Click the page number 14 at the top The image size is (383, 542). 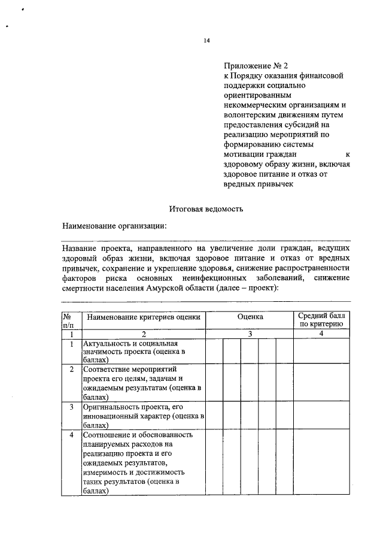pyautogui.click(x=206, y=41)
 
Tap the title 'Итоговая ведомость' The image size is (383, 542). pyautogui.click(x=206, y=208)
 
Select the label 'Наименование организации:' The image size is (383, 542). pyautogui.click(x=115, y=226)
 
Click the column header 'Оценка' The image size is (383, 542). pyautogui.click(x=250, y=316)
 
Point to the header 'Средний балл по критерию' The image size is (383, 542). pyautogui.click(x=321, y=320)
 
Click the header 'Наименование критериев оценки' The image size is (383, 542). pyautogui.click(x=143, y=316)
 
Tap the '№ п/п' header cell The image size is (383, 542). pyautogui.click(x=71, y=320)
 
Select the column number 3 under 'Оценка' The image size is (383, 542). pyautogui.click(x=250, y=334)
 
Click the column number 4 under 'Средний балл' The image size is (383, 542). pyautogui.click(x=321, y=334)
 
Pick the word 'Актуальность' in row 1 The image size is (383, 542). pyautogui.click(x=107, y=344)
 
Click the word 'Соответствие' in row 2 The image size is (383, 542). pyautogui.click(x=107, y=370)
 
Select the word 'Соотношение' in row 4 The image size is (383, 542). pyautogui.click(x=108, y=435)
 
